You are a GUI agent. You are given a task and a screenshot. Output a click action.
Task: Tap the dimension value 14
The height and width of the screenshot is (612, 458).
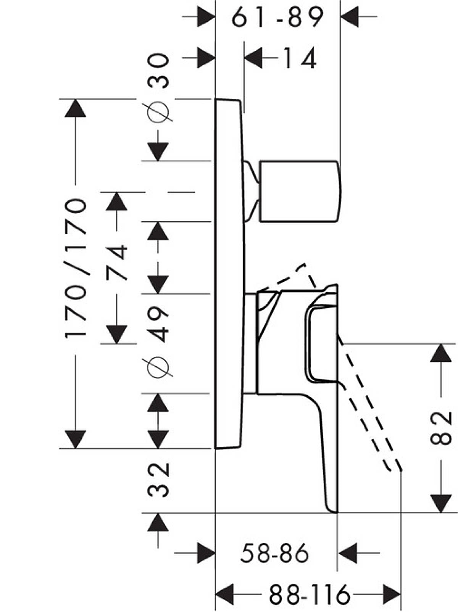pyautogui.click(x=300, y=58)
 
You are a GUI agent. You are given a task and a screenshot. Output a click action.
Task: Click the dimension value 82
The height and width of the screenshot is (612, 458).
pyautogui.click(x=441, y=428)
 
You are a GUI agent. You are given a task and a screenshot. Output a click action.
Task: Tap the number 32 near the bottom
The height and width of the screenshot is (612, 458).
pyautogui.click(x=158, y=480)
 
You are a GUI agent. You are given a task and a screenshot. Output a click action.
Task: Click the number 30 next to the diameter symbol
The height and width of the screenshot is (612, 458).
pyautogui.click(x=158, y=71)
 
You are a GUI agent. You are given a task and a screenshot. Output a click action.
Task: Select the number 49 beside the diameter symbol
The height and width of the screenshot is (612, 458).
pyautogui.click(x=158, y=324)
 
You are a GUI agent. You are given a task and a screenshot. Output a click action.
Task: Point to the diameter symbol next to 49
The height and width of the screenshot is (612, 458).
pyautogui.click(x=158, y=367)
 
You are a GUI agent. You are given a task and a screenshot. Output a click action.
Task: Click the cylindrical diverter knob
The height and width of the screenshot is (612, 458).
pyautogui.click(x=299, y=192)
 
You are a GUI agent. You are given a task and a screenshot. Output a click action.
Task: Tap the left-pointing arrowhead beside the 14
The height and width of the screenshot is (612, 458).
pyautogui.click(x=253, y=58)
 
